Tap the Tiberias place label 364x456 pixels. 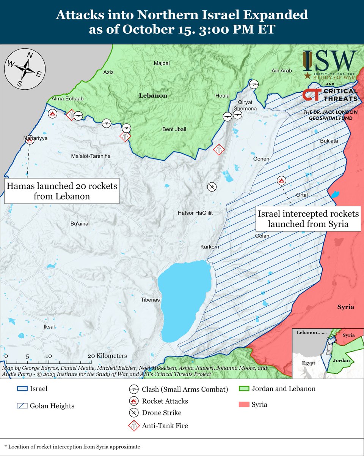[150, 300]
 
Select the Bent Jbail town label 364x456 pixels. [174, 130]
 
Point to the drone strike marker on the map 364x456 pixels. [212, 187]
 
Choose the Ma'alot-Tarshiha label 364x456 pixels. [91, 156]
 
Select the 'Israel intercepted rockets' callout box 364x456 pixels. [308, 219]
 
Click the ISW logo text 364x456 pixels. [330, 60]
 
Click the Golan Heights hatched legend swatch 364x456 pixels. [24, 406]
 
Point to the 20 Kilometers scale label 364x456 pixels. [107, 356]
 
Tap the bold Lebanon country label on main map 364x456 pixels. [153, 96]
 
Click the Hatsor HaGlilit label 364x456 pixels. [195, 213]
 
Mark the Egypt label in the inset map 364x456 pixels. [308, 363]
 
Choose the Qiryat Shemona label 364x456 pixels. [247, 105]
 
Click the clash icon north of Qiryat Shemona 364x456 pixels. [254, 84]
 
